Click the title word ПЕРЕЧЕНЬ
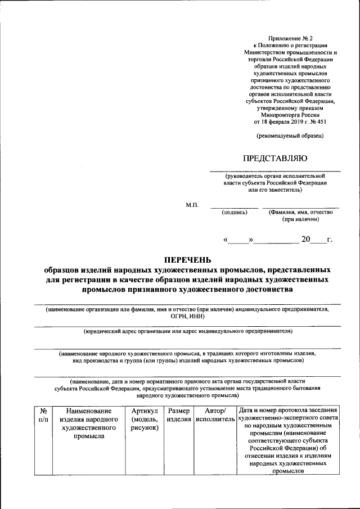187,259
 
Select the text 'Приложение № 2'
291,37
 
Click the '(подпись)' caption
227,212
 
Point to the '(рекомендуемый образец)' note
290,135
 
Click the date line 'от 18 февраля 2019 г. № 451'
290,121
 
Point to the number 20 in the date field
305,240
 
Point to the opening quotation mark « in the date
226,240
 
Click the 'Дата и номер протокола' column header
287,411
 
